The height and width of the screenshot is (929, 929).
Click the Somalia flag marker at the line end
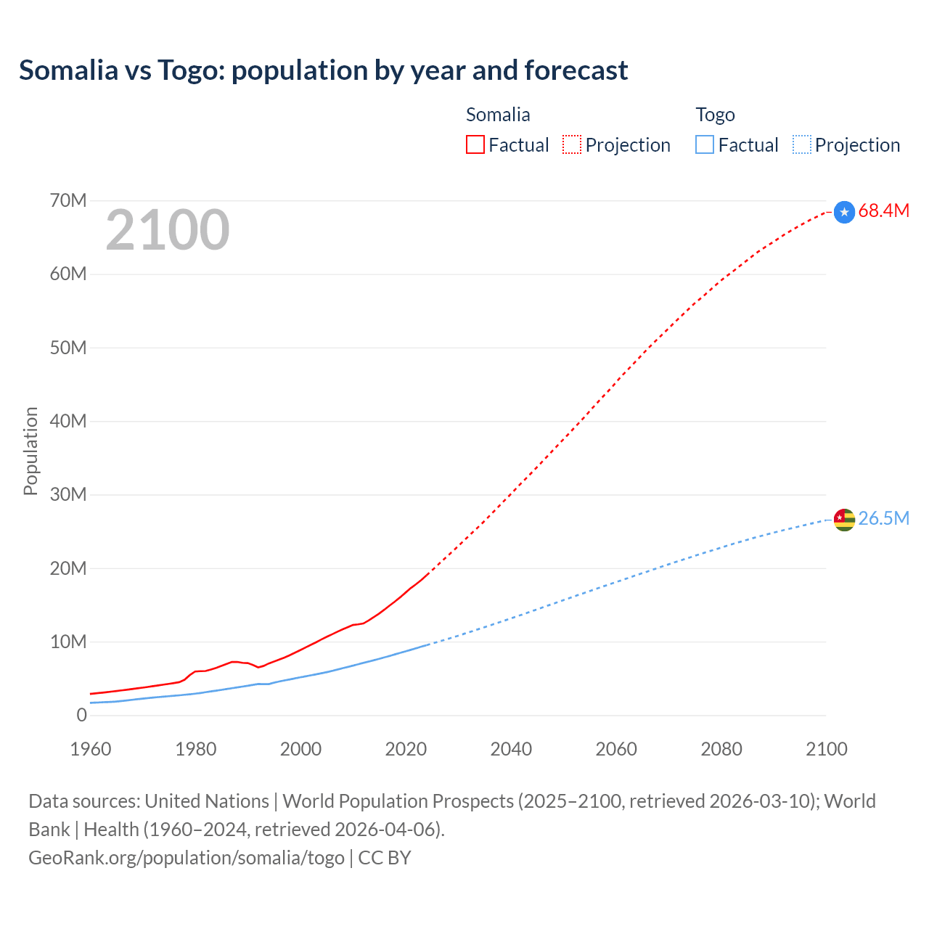[844, 212]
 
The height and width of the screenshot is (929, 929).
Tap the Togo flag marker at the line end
[844, 520]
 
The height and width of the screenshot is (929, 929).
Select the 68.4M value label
[883, 211]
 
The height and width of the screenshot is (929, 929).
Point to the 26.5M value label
[883, 518]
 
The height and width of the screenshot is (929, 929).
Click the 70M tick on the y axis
[68, 200]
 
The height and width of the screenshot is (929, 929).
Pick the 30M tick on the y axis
[68, 495]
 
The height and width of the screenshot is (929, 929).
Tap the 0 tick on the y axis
[81, 715]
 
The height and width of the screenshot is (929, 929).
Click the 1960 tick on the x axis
[91, 749]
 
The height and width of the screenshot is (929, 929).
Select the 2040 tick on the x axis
[511, 749]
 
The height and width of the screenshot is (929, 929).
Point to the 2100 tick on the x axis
[826, 749]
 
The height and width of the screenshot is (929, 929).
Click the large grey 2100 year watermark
[168, 230]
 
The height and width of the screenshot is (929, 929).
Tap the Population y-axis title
[30, 451]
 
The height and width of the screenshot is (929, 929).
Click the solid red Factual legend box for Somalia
[475, 144]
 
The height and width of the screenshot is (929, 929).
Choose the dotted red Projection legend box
[572, 144]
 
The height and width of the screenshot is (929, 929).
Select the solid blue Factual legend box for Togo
[704, 144]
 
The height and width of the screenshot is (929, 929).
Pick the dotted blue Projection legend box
[801, 144]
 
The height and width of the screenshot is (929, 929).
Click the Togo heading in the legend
[715, 115]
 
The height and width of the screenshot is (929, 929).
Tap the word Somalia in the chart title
[68, 70]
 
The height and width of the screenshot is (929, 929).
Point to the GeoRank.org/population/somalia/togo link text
[187, 858]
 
